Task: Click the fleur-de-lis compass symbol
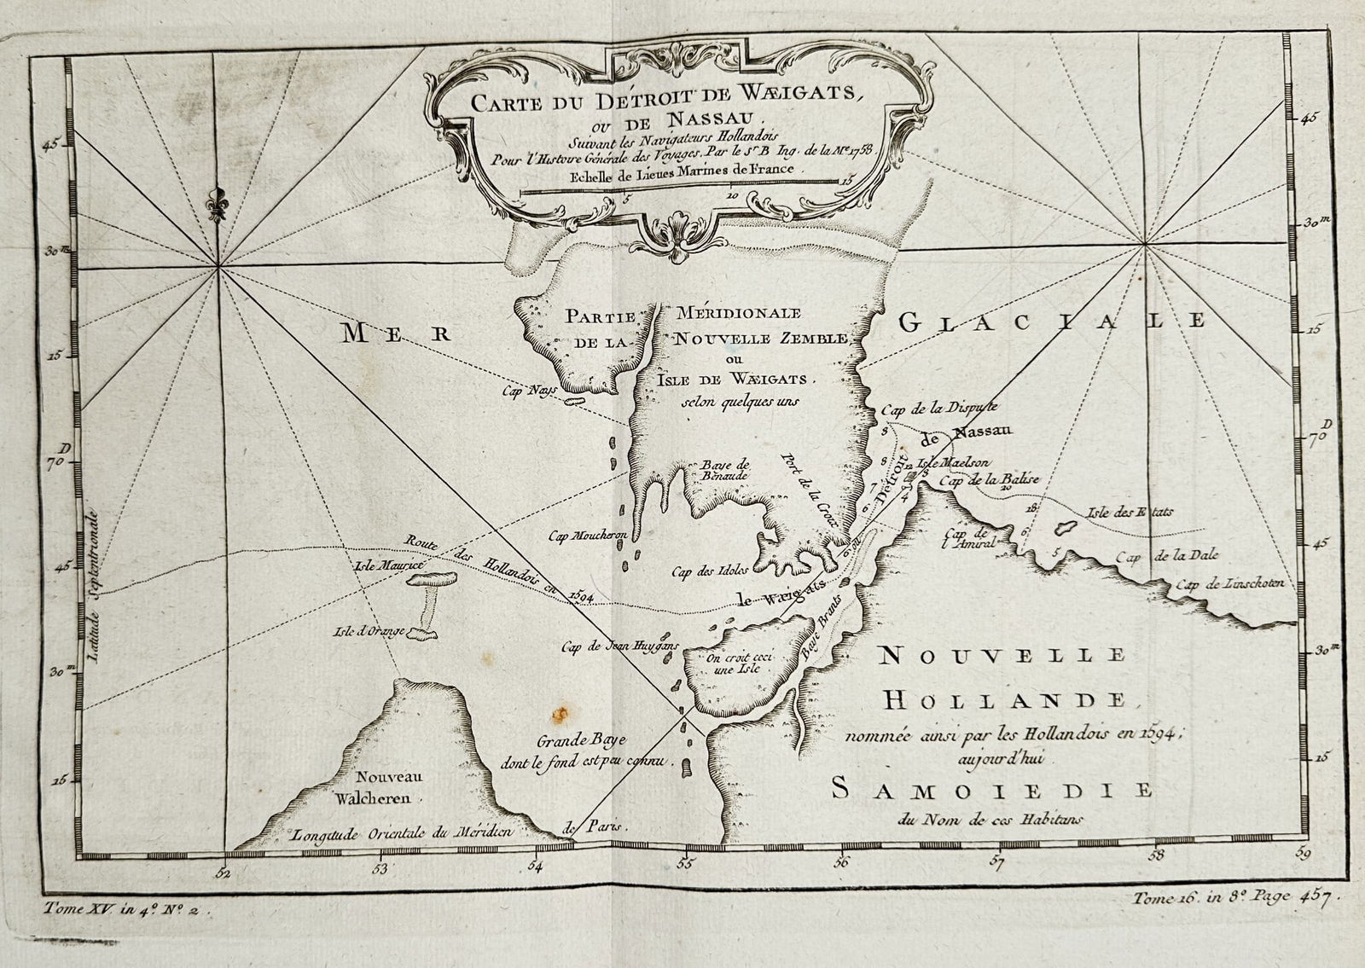(218, 204)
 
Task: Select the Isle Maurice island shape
(432, 579)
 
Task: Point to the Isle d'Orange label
(366, 633)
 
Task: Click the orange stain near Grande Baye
(561, 713)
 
